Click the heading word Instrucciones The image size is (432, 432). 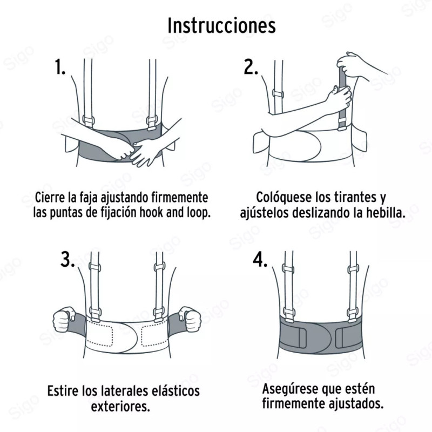[221, 25]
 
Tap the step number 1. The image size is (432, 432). [60, 67]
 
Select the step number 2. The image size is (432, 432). [251, 67]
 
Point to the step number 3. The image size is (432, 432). [67, 259]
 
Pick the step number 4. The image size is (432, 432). [260, 259]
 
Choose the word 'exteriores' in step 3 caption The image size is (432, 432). [120, 406]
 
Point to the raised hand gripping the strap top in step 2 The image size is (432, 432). [353, 65]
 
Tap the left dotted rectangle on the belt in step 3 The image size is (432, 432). [102, 334]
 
